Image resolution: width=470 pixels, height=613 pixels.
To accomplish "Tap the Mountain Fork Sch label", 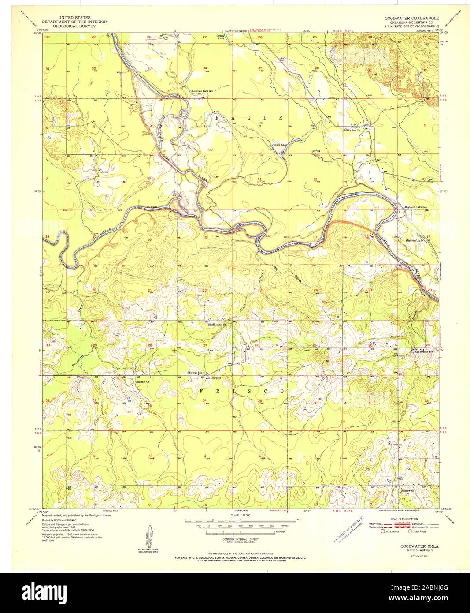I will click(x=202, y=92).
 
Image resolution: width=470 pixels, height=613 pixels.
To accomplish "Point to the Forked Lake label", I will click(x=278, y=144).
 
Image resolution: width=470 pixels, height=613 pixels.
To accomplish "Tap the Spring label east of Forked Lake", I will click(x=316, y=151).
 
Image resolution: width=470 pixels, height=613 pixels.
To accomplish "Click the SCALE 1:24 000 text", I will click(x=237, y=515).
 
